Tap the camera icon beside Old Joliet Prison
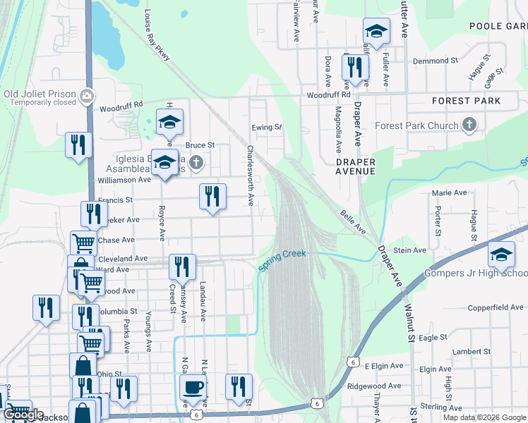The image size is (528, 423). tap(86, 95)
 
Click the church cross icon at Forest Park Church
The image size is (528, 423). tap(469, 125)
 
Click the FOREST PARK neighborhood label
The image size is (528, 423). tap(466, 101)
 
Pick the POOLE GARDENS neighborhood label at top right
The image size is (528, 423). tap(498, 26)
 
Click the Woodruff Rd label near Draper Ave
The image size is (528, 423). tap(328, 94)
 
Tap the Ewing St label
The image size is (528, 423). tap(267, 128)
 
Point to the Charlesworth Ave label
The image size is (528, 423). tap(250, 176)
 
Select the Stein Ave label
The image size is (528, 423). tap(410, 250)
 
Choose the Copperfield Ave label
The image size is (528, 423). tap(496, 307)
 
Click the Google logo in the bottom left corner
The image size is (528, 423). tap(23, 415)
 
